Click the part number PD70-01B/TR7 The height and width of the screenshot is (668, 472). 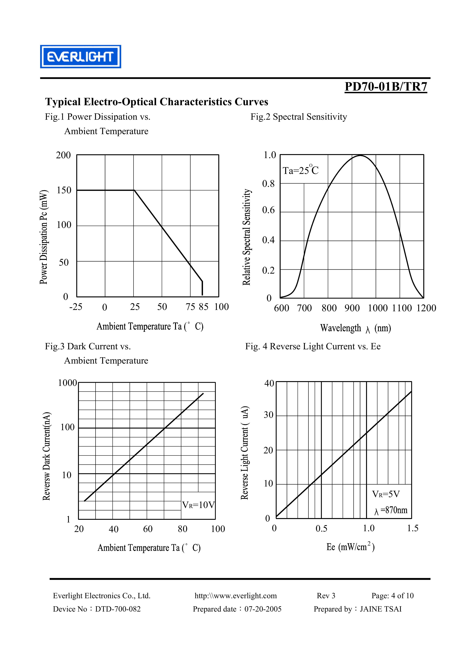[386, 87]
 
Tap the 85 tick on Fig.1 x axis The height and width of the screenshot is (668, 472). [204, 307]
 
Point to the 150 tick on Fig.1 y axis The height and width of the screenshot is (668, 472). [64, 190]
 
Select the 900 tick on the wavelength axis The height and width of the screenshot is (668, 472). [352, 308]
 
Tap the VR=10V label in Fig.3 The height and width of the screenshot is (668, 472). [198, 505]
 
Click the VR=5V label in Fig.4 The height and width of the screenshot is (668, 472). [386, 494]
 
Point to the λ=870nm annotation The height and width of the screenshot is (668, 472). [391, 510]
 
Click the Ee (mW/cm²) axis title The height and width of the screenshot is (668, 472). [350, 547]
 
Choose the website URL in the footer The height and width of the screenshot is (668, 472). [236, 596]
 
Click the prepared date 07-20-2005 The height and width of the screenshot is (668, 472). [263, 609]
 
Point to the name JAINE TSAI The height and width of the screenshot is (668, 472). [381, 609]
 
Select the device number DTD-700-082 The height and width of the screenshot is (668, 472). [118, 609]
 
